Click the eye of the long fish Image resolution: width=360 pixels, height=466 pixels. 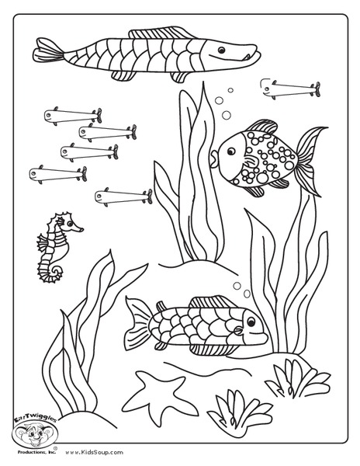[221, 50]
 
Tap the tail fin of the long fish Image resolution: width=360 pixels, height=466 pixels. [48, 53]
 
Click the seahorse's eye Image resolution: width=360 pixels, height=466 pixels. [69, 225]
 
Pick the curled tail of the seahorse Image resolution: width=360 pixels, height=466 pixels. [49, 271]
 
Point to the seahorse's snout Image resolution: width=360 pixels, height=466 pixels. [80, 229]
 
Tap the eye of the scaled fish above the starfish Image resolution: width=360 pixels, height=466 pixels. [244, 318]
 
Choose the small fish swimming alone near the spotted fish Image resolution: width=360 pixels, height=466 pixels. [289, 89]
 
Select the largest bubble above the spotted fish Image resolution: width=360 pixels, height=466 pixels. [227, 115]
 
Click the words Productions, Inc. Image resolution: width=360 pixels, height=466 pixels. [35, 451]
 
